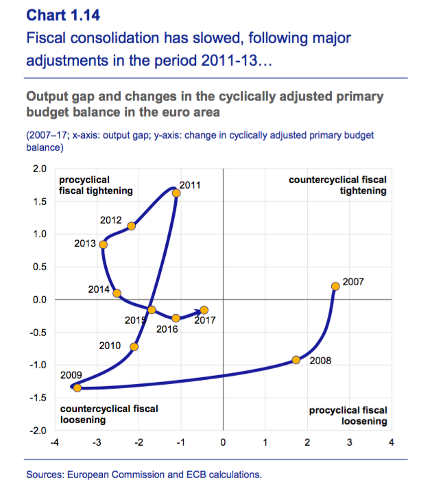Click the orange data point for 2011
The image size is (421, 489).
(x=176, y=193)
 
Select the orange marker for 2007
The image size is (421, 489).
(x=335, y=286)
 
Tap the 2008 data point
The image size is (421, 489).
(x=296, y=360)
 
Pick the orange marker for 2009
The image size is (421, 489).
(x=77, y=388)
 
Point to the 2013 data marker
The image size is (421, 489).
(x=104, y=245)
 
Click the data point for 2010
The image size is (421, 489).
(x=134, y=346)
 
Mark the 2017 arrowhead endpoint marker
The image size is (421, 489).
(x=204, y=310)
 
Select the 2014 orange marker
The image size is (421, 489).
(x=117, y=294)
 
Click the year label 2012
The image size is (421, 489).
(x=111, y=221)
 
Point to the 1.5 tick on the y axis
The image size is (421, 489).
(x=40, y=201)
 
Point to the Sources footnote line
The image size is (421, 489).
(x=144, y=474)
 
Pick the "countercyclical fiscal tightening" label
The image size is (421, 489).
(x=338, y=185)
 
